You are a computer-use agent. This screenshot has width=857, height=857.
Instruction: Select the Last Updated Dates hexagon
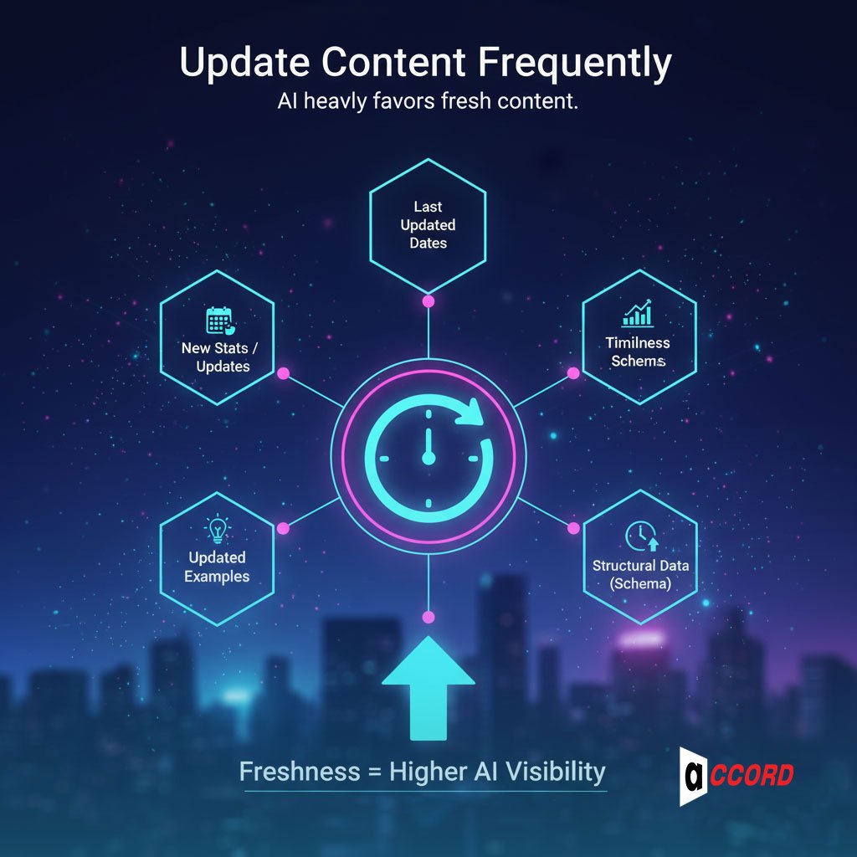pos(428,224)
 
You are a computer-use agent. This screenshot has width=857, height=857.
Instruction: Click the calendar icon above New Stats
pos(218,321)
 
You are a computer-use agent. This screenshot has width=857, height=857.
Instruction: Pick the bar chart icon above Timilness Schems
pos(639,314)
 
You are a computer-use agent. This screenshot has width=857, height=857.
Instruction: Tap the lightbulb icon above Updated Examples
pos(217,530)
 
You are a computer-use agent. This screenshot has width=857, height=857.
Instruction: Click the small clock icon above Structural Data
pos(641,536)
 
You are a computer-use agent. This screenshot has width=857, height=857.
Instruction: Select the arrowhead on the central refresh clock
pos(475,410)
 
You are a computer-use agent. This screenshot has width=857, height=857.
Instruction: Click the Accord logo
pos(736,776)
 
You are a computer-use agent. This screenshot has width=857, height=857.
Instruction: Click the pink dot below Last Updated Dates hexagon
pos(428,300)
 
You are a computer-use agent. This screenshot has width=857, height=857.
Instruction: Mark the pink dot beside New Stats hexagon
pos(283,372)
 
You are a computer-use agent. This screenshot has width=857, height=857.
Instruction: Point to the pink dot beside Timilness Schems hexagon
pos(573,372)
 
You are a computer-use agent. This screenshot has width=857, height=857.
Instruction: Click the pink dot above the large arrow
pos(428,618)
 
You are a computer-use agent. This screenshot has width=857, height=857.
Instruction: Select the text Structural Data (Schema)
pos(640,574)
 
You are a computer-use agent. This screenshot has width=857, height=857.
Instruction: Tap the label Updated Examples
pos(217,567)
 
